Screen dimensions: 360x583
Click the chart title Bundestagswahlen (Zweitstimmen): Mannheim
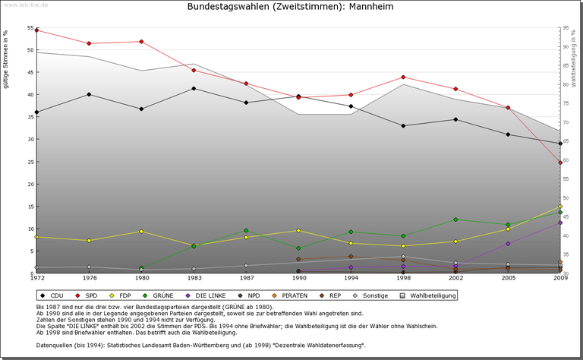coord(291,7)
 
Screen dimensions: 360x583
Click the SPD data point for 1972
coord(37,30)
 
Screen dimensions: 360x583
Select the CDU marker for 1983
coord(194,88)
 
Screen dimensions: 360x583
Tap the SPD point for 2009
coord(560,163)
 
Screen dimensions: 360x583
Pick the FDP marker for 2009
coord(560,206)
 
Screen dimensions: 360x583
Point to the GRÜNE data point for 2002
coord(455,219)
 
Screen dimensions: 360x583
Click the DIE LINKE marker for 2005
coord(508,243)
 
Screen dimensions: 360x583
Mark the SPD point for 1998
coord(403,77)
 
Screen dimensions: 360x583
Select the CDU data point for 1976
coord(90,94)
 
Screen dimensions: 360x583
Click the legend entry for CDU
coord(52,295)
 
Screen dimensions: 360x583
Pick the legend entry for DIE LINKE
coord(206,295)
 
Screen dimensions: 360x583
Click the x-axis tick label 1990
coord(298,279)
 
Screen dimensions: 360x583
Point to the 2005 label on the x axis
coord(508,279)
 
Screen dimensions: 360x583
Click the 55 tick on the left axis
coord(30,28)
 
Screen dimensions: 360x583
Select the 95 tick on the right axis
coord(567,28)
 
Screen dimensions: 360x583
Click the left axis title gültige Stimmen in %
coord(7,59)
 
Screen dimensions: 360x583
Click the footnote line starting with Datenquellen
coord(200,346)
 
